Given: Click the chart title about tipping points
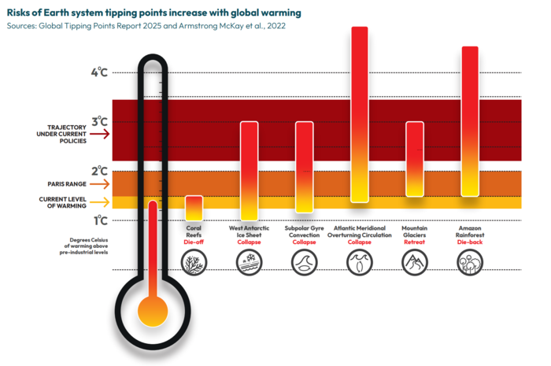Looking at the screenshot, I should click(153, 13).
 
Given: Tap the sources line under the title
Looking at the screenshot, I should click(146, 26).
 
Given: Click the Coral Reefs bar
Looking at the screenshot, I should click(194, 208).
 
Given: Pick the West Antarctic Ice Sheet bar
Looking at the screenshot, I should click(249, 171).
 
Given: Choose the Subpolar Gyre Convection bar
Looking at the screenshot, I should click(304, 167).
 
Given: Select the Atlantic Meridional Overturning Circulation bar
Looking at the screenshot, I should click(359, 114).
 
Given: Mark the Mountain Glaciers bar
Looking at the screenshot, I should click(415, 159).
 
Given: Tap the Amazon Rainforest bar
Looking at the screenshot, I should click(470, 121).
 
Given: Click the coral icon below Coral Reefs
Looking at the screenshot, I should click(194, 262).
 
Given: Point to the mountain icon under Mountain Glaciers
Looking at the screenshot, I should click(415, 262).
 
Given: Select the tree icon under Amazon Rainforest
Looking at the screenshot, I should click(470, 262).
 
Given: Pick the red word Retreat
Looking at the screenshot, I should click(415, 242).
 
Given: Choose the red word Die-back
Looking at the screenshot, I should click(470, 242).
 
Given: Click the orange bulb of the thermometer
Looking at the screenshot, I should click(152, 312).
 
